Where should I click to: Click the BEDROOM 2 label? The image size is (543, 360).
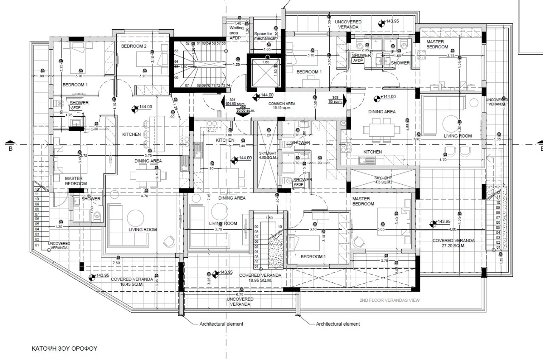coord(134,46)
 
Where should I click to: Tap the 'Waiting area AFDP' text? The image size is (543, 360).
coord(237,33)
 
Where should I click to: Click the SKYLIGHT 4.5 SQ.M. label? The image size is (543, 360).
coord(383,180)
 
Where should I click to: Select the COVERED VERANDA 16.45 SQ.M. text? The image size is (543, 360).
coord(132,282)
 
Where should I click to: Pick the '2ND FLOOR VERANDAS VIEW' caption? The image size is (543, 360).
coord(389,300)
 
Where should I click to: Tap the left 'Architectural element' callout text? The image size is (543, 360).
coord(221,324)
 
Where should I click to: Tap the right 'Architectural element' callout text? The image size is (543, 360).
coord(338,324)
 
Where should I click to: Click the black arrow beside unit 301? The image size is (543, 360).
coord(224,102)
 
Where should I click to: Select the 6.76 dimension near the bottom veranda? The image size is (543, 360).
coord(239,294)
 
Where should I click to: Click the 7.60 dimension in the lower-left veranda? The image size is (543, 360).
coord(116,263)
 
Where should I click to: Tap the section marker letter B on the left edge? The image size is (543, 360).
coord(11,149)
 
